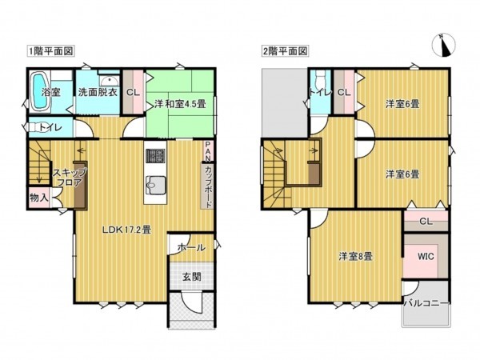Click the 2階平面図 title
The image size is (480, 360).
(285, 50)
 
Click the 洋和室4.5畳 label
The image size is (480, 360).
(180, 102)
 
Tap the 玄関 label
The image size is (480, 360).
(190, 277)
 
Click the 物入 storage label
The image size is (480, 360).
(38, 196)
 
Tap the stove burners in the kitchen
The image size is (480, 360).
(154, 156)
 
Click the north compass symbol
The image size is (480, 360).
(444, 46)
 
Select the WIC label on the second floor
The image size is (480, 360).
(425, 257)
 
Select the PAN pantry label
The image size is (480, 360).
(208, 150)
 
